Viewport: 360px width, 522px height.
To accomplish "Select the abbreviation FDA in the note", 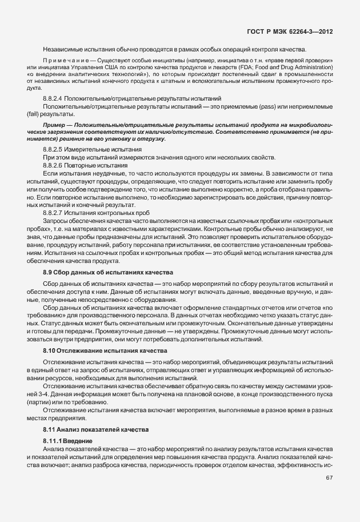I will pyautogui.click(x=254, y=67).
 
